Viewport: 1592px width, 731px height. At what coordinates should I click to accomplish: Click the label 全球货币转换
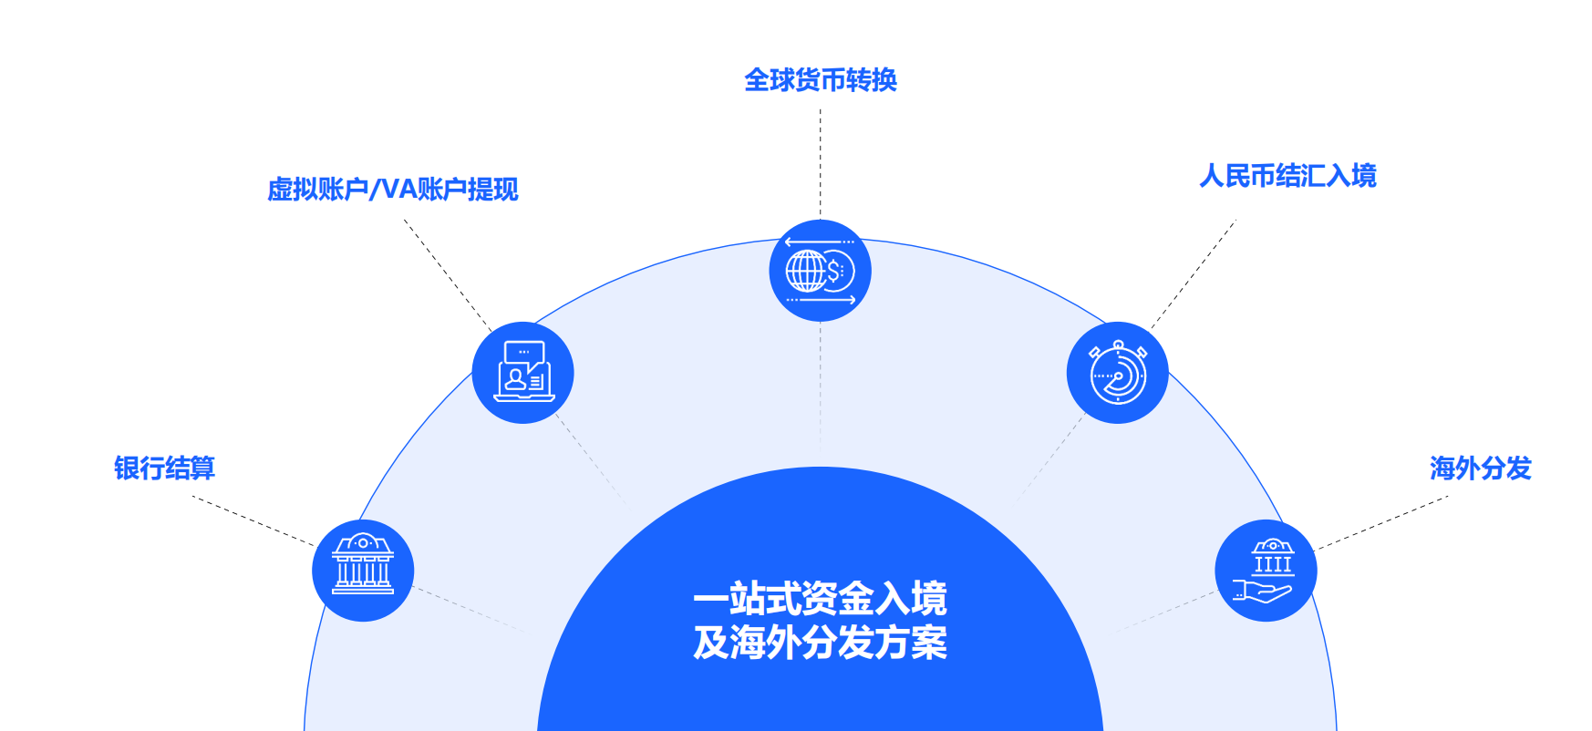[x=821, y=80]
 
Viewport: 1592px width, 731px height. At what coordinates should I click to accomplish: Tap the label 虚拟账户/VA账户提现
[x=392, y=190]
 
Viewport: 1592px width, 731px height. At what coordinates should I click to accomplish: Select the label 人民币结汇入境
[x=1287, y=176]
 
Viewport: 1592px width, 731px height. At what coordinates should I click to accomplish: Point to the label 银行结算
[x=164, y=468]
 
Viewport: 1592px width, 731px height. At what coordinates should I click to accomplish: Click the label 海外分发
[x=1480, y=468]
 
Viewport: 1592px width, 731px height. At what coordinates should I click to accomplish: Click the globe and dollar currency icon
[x=820, y=271]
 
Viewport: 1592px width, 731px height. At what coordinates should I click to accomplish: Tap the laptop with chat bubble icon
[x=522, y=373]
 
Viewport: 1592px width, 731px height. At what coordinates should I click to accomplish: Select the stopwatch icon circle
[x=1117, y=373]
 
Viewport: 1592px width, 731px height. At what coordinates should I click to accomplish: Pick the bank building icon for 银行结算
[x=363, y=571]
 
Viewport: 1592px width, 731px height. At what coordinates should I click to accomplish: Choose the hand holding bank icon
[x=1266, y=571]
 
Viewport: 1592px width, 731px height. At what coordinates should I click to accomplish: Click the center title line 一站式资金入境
[x=820, y=599]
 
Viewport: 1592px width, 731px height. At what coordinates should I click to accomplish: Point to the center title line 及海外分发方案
[x=820, y=643]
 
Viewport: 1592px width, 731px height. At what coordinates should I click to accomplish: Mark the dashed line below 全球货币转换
[x=820, y=164]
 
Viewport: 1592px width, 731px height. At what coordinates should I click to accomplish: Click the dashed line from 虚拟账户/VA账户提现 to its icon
[x=447, y=273]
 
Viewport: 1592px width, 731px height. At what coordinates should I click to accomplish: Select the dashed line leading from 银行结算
[x=253, y=521]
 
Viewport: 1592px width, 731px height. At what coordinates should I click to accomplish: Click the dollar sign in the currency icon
[x=833, y=271]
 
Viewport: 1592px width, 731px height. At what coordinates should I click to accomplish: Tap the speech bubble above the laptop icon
[x=524, y=353]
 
